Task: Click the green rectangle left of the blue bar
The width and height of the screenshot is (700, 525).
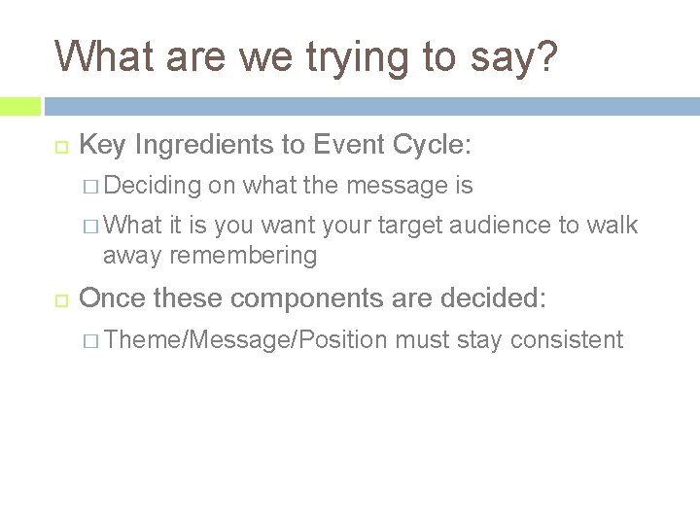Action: (x=19, y=105)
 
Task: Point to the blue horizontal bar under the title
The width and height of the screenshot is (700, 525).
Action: (x=369, y=105)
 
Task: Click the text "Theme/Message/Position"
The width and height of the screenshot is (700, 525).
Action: (x=245, y=339)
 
